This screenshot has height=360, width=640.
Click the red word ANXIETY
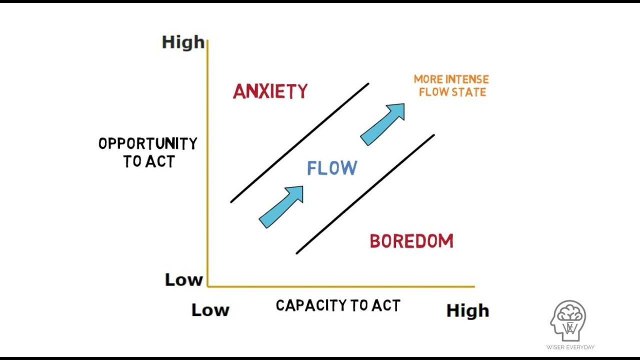(x=270, y=91)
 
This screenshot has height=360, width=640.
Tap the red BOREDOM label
(x=411, y=241)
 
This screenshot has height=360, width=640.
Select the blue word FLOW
(x=332, y=168)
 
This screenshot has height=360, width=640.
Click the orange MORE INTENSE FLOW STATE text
(x=451, y=85)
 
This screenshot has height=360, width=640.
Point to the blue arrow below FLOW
(x=281, y=206)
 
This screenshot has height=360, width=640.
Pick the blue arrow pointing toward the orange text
(x=382, y=124)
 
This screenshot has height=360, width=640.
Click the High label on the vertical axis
(x=183, y=42)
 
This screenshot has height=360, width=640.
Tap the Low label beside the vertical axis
(x=183, y=280)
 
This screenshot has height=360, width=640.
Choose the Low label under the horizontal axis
(x=210, y=310)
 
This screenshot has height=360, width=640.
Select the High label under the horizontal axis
(x=467, y=310)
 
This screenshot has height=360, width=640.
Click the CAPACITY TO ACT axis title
(x=338, y=305)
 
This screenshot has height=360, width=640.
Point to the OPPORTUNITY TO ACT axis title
(x=148, y=152)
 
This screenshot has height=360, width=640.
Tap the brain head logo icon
(x=569, y=321)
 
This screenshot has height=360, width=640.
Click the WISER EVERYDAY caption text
(x=569, y=347)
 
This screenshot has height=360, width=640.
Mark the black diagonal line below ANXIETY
(x=299, y=143)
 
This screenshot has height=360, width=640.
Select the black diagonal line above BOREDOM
(x=365, y=194)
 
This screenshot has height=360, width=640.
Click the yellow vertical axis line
(x=207, y=165)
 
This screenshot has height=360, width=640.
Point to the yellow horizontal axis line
(x=340, y=287)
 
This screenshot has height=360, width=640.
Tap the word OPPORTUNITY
(x=148, y=144)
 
